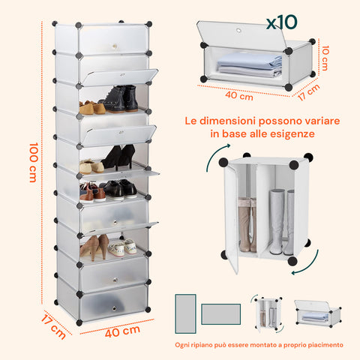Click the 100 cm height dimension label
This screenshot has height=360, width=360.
point(33,162)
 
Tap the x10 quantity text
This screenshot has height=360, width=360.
point(282,22)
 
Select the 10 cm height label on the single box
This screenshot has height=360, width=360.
point(325,58)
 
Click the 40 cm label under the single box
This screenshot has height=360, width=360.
point(239,95)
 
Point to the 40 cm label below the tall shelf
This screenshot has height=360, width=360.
point(122,331)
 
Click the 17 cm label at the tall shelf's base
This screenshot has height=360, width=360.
point(53,327)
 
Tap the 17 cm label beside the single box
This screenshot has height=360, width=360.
point(309,92)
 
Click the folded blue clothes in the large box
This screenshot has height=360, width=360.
point(250,64)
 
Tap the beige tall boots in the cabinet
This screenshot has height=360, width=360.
point(247,224)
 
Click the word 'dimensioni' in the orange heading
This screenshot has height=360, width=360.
point(227,121)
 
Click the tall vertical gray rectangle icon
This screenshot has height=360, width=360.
point(185,313)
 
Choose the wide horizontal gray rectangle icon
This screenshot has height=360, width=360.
point(221,314)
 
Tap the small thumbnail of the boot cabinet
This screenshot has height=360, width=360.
point(267,313)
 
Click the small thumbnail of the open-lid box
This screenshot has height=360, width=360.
point(318,313)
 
